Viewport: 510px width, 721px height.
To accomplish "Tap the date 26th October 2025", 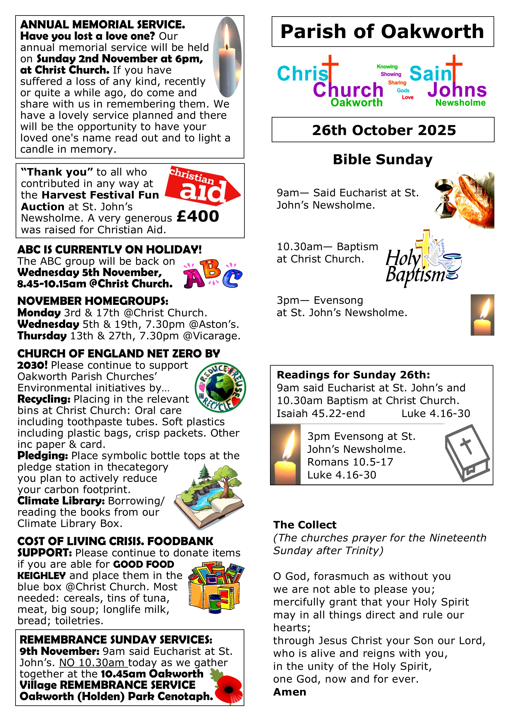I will click(384, 130).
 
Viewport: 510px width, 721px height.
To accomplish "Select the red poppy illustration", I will click(228, 689).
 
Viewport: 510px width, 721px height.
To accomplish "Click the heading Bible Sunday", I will click(382, 159).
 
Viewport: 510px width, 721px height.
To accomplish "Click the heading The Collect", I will click(305, 525).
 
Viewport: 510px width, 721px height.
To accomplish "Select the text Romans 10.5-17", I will click(350, 462).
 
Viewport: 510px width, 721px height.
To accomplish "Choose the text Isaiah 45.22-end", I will click(321, 413).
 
